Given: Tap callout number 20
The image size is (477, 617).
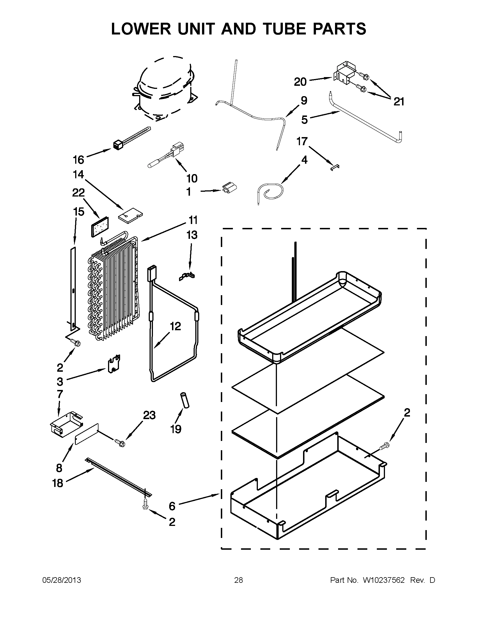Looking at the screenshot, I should pyautogui.click(x=300, y=82).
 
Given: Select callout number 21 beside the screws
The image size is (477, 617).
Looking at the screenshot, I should pyautogui.click(x=399, y=101).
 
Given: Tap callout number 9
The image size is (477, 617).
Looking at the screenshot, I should pyautogui.click(x=304, y=101).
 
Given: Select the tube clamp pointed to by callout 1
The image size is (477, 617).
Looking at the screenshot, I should pyautogui.click(x=229, y=188).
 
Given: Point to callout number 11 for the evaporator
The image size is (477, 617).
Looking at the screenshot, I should pyautogui.click(x=193, y=219).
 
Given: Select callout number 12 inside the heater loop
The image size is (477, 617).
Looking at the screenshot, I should pyautogui.click(x=175, y=326).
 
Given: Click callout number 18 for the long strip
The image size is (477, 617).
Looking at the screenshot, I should pyautogui.click(x=58, y=483).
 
